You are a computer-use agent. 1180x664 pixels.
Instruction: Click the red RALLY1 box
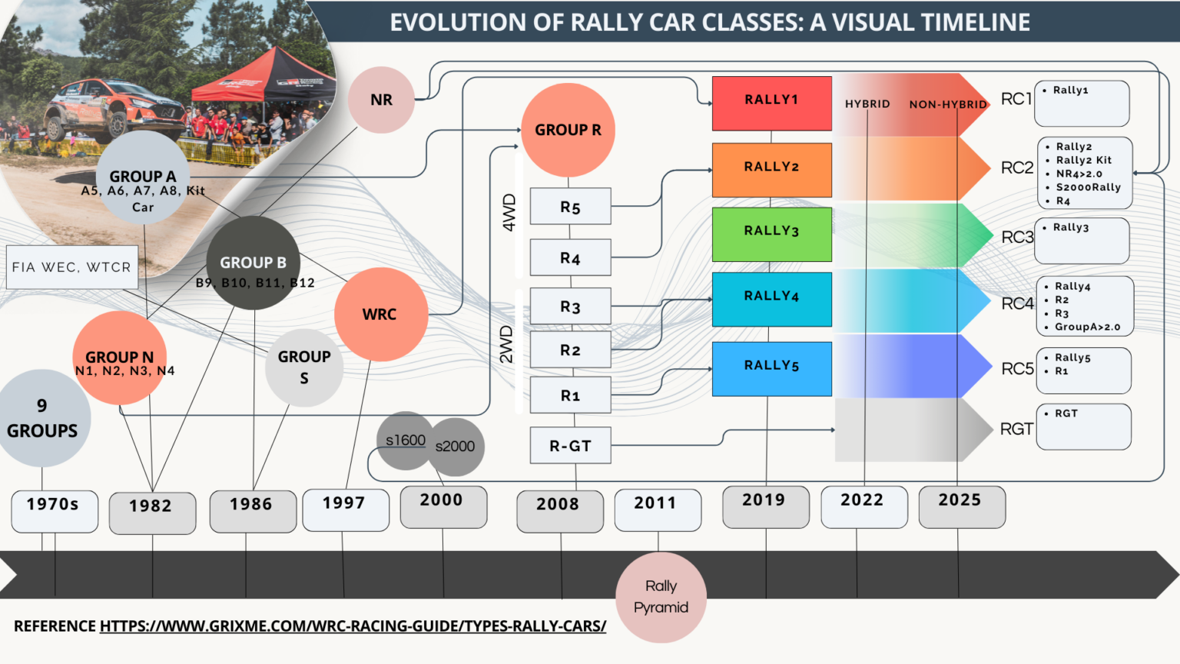point(771,103)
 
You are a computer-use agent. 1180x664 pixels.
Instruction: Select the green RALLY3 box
point(771,234)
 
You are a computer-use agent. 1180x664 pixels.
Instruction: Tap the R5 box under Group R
point(570,207)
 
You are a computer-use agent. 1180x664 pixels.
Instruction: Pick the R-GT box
point(570,446)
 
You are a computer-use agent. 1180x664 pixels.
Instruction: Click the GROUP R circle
point(568,130)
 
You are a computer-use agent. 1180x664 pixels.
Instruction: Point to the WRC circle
point(380,314)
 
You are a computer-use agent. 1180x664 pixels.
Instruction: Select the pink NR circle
point(381,100)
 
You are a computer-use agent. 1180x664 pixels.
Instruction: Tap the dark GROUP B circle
point(253,263)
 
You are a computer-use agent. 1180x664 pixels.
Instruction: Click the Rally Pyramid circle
point(661,597)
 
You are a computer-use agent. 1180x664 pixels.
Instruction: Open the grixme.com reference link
point(353,626)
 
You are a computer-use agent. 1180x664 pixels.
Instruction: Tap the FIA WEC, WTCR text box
point(71,267)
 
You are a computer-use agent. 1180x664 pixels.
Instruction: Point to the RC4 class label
point(1017,304)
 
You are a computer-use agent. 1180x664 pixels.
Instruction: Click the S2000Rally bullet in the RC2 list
point(1088,188)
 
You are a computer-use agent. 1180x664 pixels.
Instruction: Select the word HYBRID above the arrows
point(867,105)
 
